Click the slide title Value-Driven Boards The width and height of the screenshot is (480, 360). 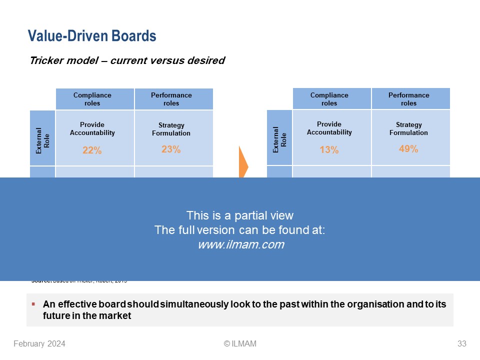click(x=92, y=36)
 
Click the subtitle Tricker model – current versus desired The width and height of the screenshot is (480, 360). click(x=127, y=61)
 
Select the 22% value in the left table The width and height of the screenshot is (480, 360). click(x=92, y=150)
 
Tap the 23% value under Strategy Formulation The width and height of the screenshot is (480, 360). click(x=171, y=149)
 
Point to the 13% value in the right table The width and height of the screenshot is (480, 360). click(x=329, y=150)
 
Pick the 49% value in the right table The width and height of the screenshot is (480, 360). click(x=408, y=148)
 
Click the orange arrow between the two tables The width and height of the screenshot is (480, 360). click(x=243, y=162)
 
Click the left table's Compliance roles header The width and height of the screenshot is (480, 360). click(x=92, y=99)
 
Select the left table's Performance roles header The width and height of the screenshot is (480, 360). click(x=171, y=99)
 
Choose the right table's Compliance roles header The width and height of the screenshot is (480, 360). click(x=329, y=99)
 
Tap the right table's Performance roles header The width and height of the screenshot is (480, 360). click(x=408, y=99)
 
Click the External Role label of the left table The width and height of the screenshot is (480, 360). click(x=43, y=138)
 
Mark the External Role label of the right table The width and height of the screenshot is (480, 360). click(x=280, y=138)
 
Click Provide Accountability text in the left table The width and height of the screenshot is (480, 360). click(x=92, y=129)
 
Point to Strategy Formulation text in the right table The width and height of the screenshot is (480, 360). click(x=408, y=129)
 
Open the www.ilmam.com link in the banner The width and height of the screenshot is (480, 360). click(x=240, y=244)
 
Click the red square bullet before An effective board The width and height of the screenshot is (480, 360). click(x=33, y=304)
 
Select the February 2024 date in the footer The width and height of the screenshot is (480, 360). click(x=39, y=343)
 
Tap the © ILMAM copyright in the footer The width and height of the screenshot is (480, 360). click(x=240, y=343)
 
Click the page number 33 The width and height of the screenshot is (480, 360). click(x=461, y=343)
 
